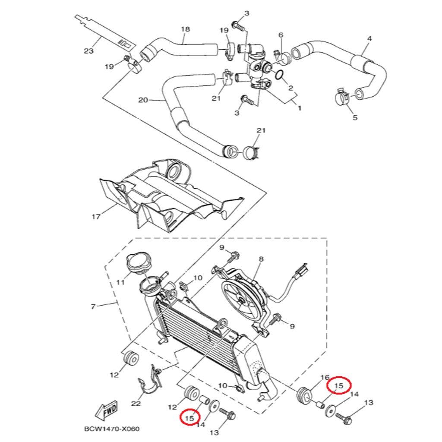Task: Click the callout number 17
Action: tap(95, 216)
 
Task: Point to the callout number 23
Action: tap(88, 51)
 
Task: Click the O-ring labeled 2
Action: tap(279, 76)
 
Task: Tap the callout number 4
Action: tap(369, 38)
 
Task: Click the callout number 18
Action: tap(185, 29)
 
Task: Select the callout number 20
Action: tap(143, 100)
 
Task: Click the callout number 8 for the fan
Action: tap(261, 259)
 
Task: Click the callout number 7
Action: tap(93, 307)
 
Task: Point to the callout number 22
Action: tap(136, 404)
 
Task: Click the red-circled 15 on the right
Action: tap(339, 385)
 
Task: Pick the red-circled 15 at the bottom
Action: tap(189, 418)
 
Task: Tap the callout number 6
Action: tap(281, 35)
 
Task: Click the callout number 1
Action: tap(300, 108)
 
